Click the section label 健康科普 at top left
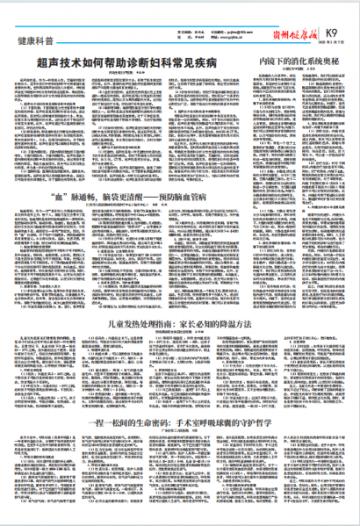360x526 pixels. click(34, 40)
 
